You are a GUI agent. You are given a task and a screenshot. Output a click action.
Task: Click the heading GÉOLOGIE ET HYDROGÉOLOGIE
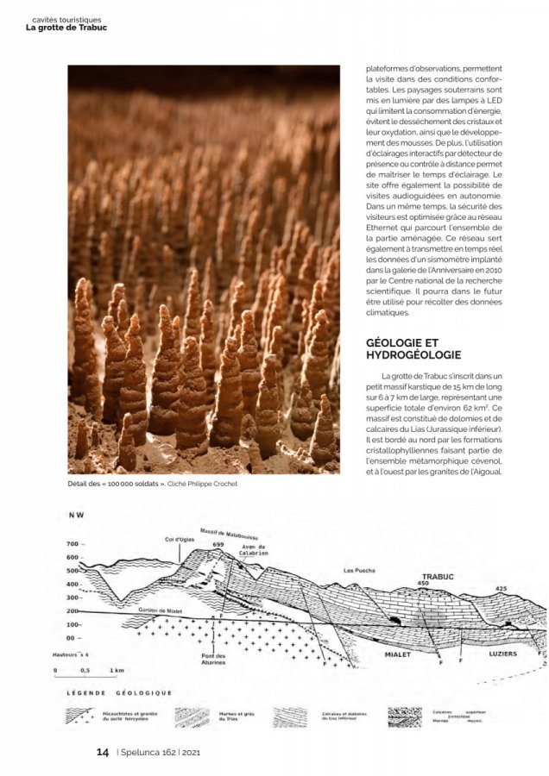(413, 348)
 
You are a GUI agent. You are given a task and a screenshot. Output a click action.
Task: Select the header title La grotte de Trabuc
(66, 27)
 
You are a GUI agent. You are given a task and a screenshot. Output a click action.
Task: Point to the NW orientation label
(76, 516)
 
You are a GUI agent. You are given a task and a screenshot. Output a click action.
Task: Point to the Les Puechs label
(359, 570)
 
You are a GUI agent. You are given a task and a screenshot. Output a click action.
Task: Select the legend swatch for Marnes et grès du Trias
(192, 717)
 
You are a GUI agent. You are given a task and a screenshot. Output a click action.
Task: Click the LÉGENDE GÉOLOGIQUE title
(119, 692)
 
